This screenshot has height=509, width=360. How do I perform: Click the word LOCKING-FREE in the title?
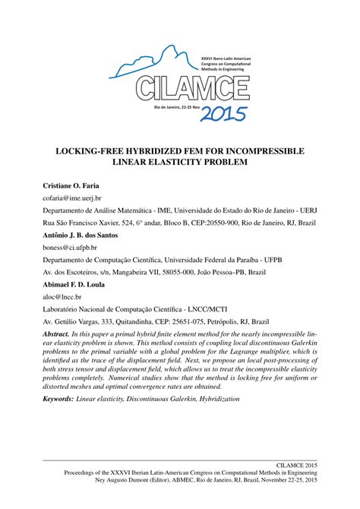click(95, 151)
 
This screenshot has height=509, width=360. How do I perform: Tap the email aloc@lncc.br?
click(64, 299)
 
